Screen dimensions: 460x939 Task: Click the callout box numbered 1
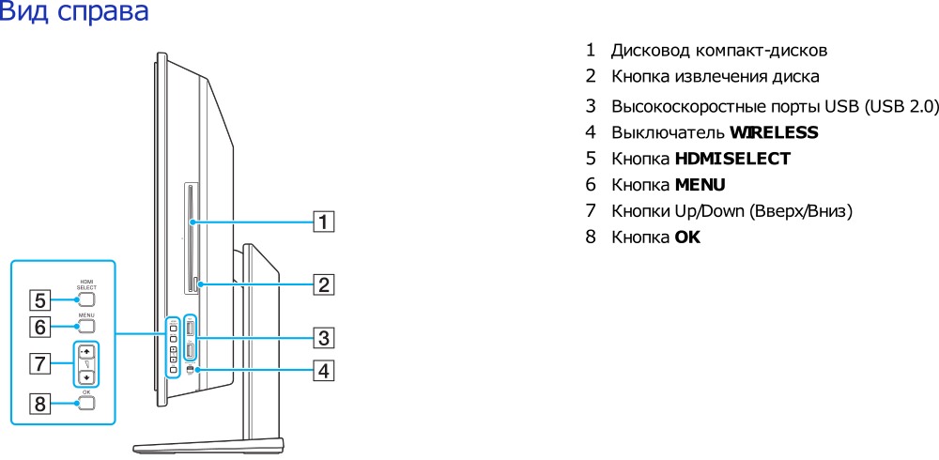(x=323, y=222)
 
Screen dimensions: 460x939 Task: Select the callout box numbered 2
(x=323, y=284)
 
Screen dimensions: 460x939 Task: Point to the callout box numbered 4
(x=323, y=371)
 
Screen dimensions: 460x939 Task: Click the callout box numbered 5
(x=40, y=301)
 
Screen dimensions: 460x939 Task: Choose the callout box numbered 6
(x=40, y=328)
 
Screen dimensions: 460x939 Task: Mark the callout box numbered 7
(x=40, y=362)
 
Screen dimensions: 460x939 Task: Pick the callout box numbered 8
(x=40, y=405)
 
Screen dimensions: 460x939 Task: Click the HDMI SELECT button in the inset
(x=86, y=300)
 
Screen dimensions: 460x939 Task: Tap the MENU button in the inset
(x=86, y=328)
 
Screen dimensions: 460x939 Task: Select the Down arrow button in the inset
(x=86, y=376)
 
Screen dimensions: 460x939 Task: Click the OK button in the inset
(x=86, y=404)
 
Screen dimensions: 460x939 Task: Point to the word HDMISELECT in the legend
(x=732, y=159)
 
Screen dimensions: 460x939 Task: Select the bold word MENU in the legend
(x=700, y=185)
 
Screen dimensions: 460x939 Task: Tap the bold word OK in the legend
(x=687, y=238)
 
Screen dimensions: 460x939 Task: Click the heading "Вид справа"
(x=74, y=13)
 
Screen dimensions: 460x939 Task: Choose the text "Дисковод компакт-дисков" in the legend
(x=719, y=50)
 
